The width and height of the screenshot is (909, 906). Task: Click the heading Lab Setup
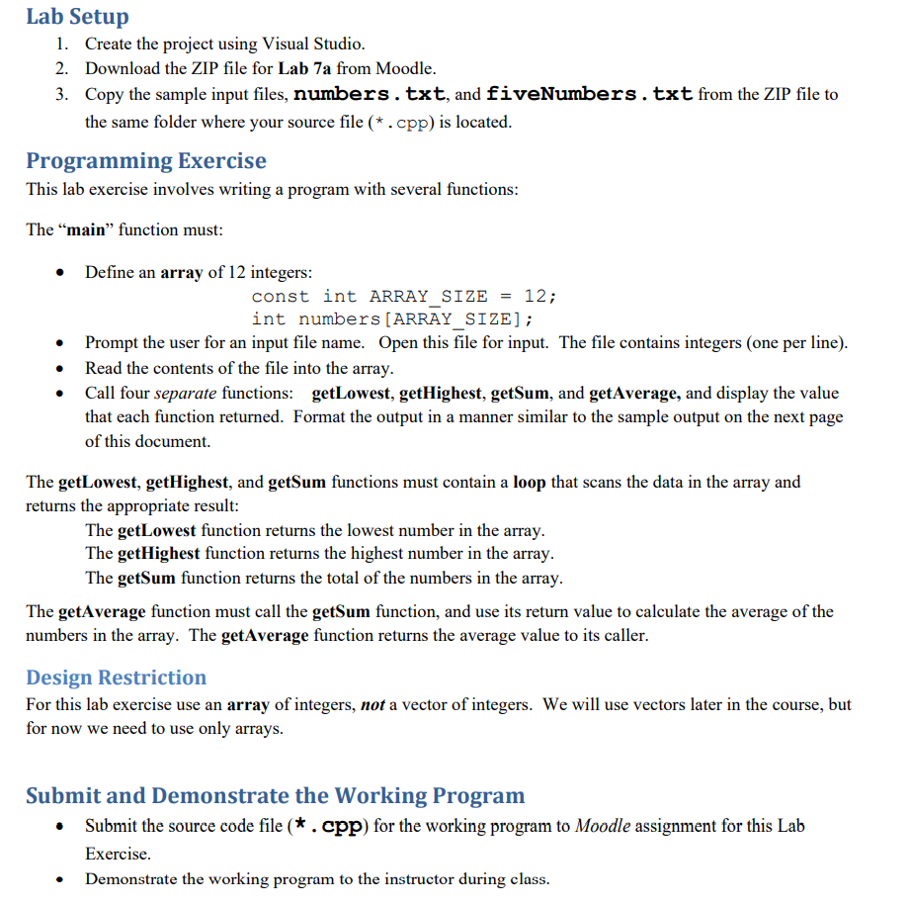point(77,17)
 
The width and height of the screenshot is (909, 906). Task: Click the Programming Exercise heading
point(146,160)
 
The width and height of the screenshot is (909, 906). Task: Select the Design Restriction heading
point(117,678)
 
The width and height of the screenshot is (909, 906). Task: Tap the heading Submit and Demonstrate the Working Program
point(276,796)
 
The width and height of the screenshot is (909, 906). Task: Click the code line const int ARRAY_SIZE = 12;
point(404,296)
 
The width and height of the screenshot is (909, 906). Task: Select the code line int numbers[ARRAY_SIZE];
point(392,318)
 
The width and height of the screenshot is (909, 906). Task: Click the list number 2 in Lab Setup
point(61,68)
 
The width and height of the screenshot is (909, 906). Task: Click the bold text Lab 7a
point(307,68)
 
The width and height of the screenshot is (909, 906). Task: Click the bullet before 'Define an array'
point(62,273)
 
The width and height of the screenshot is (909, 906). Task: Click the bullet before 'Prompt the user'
point(62,344)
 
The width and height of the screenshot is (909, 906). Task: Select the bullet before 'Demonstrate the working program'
point(62,879)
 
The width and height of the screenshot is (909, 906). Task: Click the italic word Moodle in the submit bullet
point(602,826)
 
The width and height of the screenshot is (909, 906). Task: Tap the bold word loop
point(530,482)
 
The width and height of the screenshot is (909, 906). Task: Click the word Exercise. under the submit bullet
point(118,853)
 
